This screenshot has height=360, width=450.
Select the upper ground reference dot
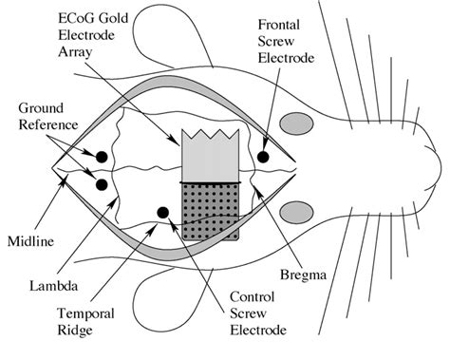(100, 154)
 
